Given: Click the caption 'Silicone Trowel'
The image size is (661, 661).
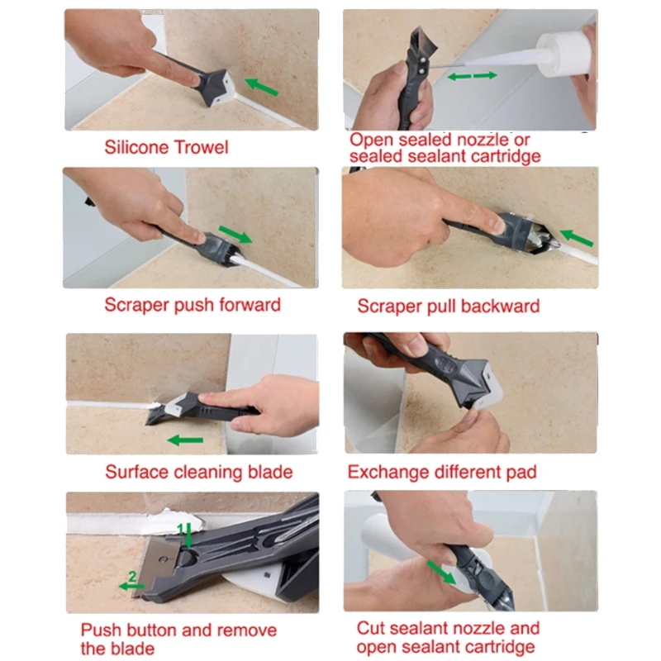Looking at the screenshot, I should coord(166,148).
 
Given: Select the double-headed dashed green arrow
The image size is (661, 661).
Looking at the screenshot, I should coord(473,75).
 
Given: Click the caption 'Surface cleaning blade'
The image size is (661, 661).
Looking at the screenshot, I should coord(198,473).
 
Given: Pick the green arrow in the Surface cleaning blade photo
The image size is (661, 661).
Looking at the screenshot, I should coord(185,440).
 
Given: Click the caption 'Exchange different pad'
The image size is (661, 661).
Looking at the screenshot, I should coord(442,473).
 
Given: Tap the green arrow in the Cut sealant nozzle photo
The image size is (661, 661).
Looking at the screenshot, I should coord(440,572).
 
